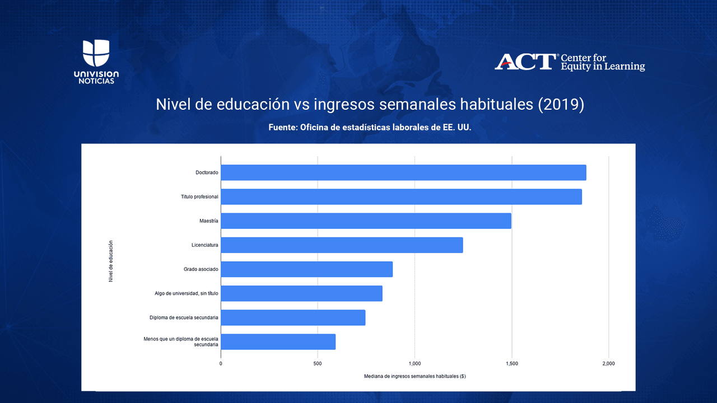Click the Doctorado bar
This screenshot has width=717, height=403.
click(403, 172)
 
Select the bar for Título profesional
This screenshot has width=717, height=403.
click(401, 196)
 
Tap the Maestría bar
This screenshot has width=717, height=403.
click(366, 221)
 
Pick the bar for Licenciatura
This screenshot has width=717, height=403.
click(342, 245)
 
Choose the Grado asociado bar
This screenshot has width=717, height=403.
click(306, 269)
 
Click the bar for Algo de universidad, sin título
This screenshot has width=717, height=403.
click(301, 293)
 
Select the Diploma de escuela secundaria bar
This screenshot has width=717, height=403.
click(293, 317)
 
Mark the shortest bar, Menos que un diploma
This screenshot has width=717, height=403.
click(278, 341)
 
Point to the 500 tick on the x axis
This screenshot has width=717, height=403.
click(318, 363)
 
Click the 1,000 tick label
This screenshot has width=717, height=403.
click(415, 363)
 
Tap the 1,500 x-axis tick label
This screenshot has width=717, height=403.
click(511, 363)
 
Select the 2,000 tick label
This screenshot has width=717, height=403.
click(608, 363)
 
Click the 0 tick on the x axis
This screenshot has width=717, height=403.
click(221, 363)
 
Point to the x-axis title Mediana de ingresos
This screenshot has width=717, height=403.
click(415, 376)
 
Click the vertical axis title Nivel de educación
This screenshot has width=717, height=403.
click(110, 261)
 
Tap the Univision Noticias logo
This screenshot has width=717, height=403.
click(96, 62)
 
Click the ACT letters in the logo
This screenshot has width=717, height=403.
click(525, 62)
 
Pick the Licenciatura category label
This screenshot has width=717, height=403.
click(204, 245)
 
